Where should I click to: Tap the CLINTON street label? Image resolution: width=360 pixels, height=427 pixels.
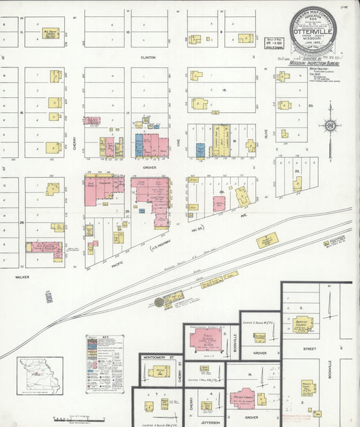(x=148, y=57)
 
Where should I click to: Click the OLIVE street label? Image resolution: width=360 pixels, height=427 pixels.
(x=266, y=134)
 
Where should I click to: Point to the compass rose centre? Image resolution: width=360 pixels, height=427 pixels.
(x=330, y=125)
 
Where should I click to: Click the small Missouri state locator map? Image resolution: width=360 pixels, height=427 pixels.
(x=40, y=375)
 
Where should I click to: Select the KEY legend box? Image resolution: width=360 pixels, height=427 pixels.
(x=105, y=364)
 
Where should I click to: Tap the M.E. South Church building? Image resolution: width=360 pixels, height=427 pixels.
(x=50, y=32)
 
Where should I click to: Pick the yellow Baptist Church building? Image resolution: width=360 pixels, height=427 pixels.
(x=303, y=324)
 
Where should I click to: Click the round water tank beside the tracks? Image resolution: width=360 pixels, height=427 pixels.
(x=159, y=302)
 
